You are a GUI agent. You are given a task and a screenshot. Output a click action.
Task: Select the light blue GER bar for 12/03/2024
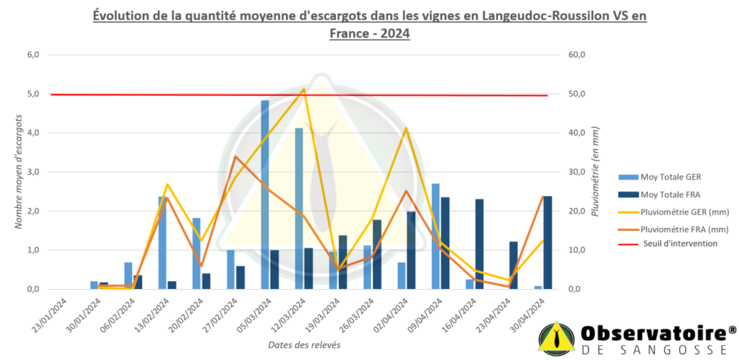(299, 209)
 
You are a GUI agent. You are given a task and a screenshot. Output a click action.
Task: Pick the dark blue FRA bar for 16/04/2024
(479, 244)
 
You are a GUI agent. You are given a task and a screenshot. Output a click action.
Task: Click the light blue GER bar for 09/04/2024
(436, 237)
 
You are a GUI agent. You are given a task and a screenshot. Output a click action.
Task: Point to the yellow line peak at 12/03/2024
(303, 90)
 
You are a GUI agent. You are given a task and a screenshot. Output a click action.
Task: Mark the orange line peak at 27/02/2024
(235, 156)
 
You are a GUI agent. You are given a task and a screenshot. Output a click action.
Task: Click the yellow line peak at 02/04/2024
(406, 128)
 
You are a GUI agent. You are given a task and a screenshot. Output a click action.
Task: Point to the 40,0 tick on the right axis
(578, 133)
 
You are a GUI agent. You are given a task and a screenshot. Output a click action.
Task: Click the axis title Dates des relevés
(304, 345)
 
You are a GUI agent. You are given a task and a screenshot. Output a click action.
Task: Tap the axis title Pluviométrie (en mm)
(596, 172)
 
